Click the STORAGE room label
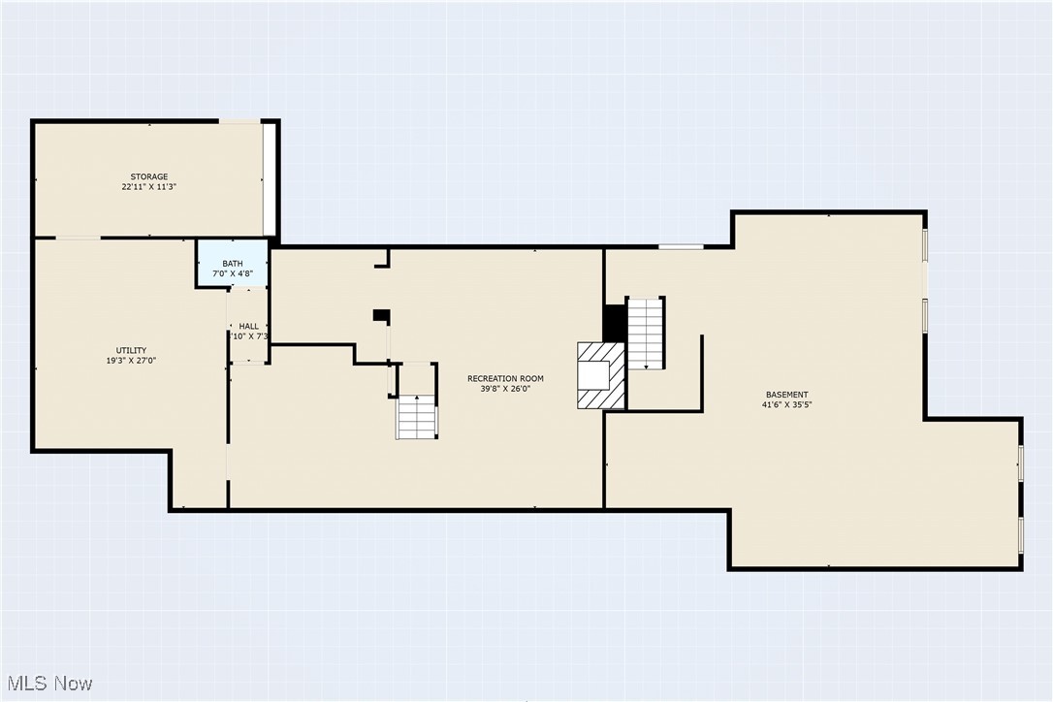(149, 176)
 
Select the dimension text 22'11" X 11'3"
(149, 186)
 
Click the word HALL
(249, 326)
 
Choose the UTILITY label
(132, 350)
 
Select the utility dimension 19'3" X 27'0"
(132, 361)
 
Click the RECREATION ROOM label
(505, 378)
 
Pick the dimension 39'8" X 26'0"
(505, 389)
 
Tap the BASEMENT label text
(786, 395)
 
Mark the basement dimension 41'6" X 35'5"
(786, 405)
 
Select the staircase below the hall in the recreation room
(417, 417)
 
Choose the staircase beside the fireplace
(646, 334)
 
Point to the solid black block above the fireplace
(615, 324)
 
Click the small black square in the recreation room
(381, 316)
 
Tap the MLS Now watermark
(48, 683)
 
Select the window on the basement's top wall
(681, 246)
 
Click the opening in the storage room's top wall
(239, 121)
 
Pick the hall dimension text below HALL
(249, 336)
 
